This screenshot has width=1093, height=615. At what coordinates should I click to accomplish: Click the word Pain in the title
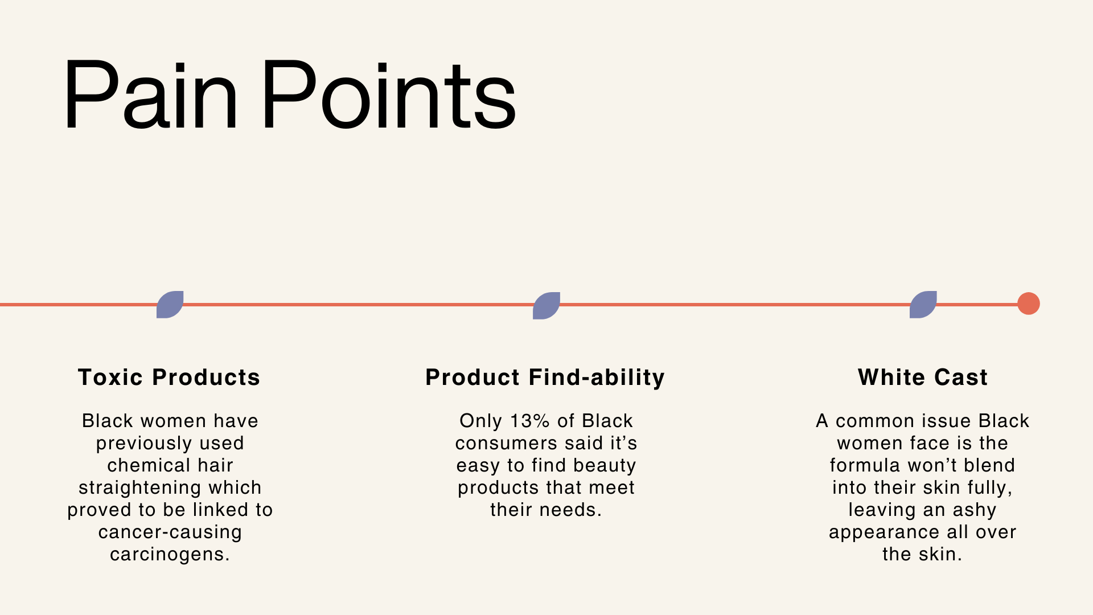pos(150,95)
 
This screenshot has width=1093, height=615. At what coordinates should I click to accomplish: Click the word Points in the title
pos(389,95)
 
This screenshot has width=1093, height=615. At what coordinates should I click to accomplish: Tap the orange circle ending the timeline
pos(1029,304)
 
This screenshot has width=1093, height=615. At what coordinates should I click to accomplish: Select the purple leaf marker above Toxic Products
pos(170,305)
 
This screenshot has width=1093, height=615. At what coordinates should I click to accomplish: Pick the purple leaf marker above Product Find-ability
pos(546,306)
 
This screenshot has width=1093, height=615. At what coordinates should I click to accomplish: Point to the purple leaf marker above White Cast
pos(923,305)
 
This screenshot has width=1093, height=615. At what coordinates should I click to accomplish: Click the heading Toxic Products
pos(169,378)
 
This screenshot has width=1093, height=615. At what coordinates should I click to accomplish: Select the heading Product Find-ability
pos(545,378)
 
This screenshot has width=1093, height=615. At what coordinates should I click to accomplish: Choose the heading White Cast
pos(923,378)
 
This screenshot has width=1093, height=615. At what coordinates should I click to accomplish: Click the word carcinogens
pos(170,555)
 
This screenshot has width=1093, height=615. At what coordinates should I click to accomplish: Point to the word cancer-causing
pos(170,532)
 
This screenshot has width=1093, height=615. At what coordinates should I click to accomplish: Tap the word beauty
pos(605,466)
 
